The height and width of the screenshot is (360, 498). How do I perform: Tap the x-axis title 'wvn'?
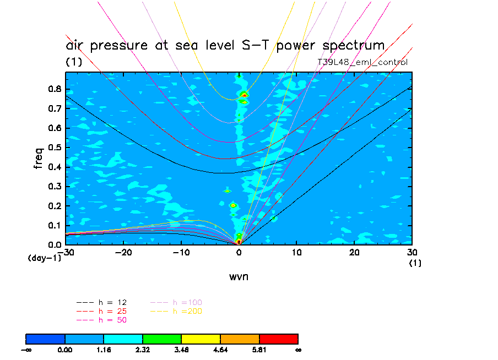[x=239, y=276]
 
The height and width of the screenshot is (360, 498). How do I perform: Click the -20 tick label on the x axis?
[x=123, y=252]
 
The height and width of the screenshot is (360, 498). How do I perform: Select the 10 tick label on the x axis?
[x=296, y=252]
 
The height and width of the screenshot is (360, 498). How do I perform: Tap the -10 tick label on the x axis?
[x=181, y=252]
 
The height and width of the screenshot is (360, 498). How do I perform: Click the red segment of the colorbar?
[x=278, y=339]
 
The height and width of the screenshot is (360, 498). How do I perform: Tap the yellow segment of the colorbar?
[x=201, y=339]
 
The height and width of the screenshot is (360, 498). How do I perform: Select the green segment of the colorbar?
[x=162, y=339]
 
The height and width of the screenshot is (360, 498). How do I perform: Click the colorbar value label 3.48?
[x=181, y=349]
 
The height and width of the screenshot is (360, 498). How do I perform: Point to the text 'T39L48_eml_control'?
[x=362, y=62]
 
